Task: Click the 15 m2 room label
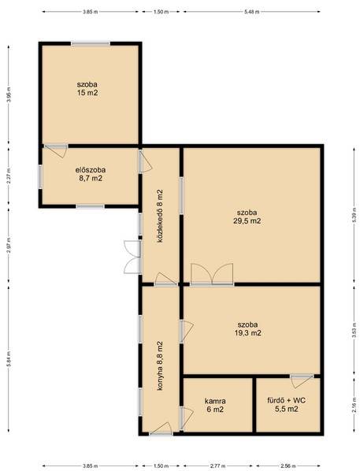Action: tap(87, 89)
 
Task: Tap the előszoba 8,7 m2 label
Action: tap(90, 174)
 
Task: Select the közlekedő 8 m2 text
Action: tap(160, 216)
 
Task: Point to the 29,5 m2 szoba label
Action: tap(247, 217)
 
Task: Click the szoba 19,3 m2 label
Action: tap(247, 328)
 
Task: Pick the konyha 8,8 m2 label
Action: tap(160, 365)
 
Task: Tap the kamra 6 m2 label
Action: tap(215, 405)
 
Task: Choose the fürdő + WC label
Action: tap(287, 405)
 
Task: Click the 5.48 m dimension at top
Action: tap(252, 12)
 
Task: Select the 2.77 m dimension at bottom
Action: tap(218, 466)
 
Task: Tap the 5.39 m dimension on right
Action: tap(354, 215)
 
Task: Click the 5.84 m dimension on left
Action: tap(9, 359)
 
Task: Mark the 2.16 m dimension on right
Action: tap(354, 405)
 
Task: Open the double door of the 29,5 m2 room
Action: tap(212, 274)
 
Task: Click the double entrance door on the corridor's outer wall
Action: tap(132, 257)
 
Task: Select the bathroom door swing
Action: tap(302, 380)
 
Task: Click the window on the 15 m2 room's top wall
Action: tap(91, 43)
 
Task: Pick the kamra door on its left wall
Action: tap(187, 418)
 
